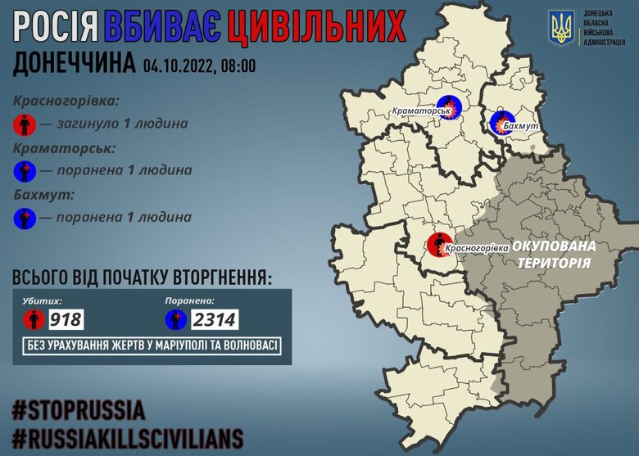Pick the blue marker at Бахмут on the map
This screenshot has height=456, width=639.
click(500, 124)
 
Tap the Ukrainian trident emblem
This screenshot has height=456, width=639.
click(562, 29)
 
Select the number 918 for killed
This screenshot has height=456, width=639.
click(66, 318)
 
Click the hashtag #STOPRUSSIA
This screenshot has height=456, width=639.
click(79, 409)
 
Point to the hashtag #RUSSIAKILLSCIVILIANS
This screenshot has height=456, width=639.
click(128, 435)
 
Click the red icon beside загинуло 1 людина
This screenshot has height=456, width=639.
click(25, 124)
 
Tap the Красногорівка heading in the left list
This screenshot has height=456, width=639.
click(66, 102)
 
